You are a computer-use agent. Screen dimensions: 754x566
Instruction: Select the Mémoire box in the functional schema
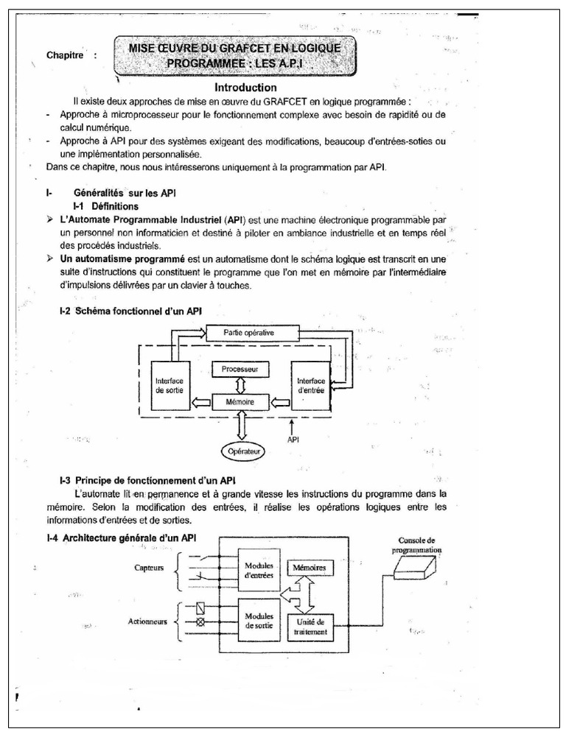(x=240, y=402)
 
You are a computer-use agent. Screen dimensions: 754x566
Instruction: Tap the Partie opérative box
(x=249, y=333)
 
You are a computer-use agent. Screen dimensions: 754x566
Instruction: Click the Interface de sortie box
(x=170, y=386)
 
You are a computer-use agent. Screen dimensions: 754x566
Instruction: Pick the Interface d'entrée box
(x=310, y=386)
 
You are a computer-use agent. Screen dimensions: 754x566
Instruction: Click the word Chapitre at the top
(x=66, y=55)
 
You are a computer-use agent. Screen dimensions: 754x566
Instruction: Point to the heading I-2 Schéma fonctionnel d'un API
(x=130, y=311)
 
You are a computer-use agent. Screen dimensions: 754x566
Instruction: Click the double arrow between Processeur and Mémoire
(x=240, y=384)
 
